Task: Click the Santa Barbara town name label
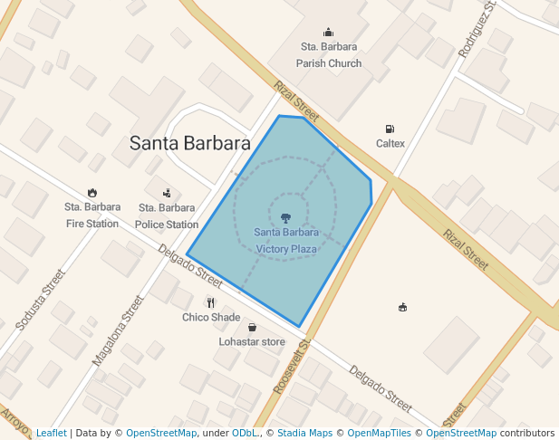[x=190, y=143]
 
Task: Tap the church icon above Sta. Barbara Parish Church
[x=328, y=33]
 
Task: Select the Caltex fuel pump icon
[x=390, y=129]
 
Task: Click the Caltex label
[x=390, y=144]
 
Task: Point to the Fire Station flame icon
[x=92, y=192]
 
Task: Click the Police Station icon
[x=168, y=192]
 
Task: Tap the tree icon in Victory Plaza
[x=285, y=217]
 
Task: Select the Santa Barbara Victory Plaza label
[x=285, y=240]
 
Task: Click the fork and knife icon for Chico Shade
[x=211, y=302]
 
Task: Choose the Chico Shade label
[x=211, y=318]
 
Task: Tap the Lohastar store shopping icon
[x=252, y=327]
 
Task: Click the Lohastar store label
[x=252, y=342]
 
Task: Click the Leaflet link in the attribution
[x=51, y=434]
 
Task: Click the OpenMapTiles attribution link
[x=380, y=434]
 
